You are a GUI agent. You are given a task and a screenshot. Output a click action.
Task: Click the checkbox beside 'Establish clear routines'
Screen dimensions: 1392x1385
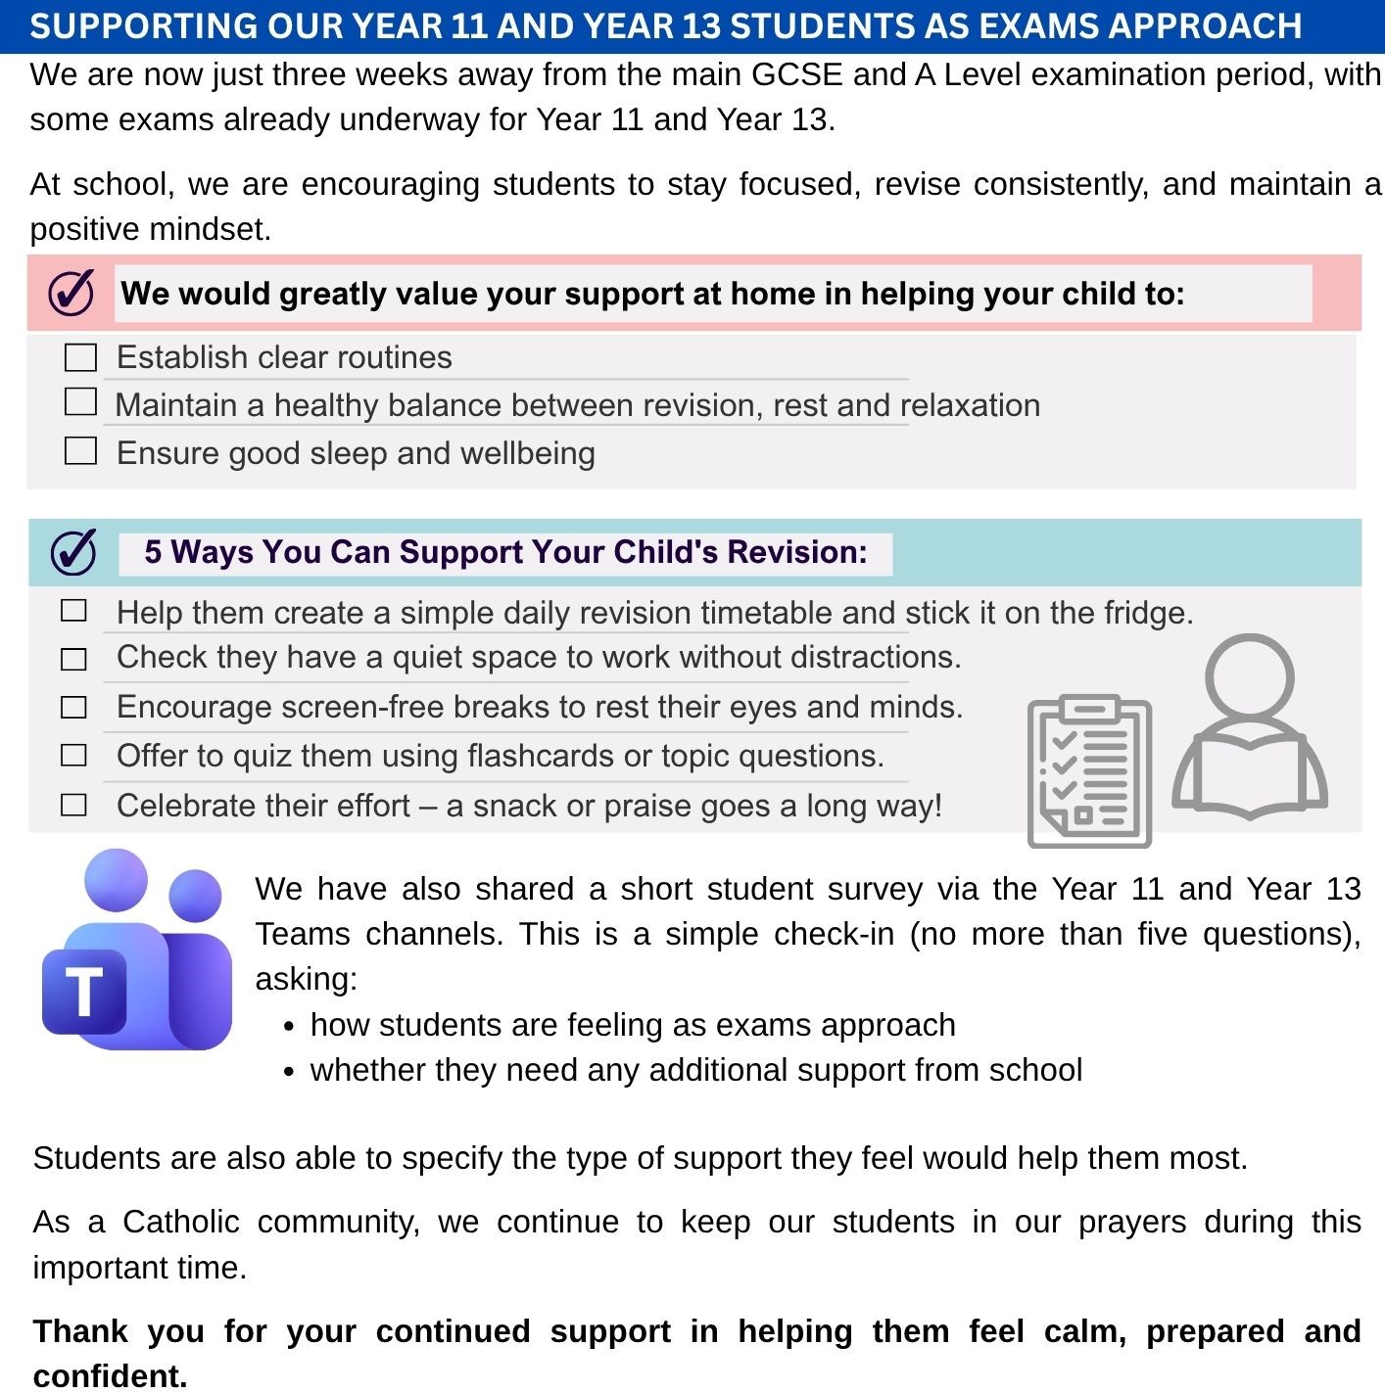(x=80, y=357)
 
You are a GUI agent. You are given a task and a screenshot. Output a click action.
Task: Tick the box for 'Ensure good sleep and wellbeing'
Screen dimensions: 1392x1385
(x=80, y=451)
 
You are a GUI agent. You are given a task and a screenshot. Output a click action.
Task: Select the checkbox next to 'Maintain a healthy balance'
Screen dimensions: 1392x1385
(x=80, y=402)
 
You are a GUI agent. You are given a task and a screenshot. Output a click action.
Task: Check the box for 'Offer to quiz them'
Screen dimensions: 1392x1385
(x=73, y=756)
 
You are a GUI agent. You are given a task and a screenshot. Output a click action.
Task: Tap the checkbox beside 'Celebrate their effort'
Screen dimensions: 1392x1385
(x=73, y=806)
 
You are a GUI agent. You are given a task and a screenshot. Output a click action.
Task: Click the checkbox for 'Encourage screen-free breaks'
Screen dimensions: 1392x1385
(x=73, y=708)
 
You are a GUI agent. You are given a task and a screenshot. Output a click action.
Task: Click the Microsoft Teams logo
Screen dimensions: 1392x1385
(x=138, y=949)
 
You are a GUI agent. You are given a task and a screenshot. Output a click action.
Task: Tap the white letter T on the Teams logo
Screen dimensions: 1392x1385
(x=84, y=991)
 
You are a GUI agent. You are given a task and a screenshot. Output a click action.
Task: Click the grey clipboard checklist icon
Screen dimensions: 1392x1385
(x=1089, y=771)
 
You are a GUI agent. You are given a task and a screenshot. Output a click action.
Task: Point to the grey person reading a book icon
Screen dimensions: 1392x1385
(x=1250, y=726)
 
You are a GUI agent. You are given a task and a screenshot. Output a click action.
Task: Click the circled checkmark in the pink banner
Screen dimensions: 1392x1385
(x=72, y=292)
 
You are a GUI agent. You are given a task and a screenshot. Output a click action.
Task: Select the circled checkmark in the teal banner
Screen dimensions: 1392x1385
(x=73, y=552)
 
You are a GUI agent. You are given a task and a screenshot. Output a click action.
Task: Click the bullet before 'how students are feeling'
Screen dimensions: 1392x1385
(x=288, y=1027)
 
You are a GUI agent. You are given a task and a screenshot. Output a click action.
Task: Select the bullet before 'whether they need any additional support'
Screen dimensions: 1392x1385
(x=288, y=1072)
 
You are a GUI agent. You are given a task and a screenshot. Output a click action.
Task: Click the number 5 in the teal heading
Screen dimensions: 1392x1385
(x=153, y=552)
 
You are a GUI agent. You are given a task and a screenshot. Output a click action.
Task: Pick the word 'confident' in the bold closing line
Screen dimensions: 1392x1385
(x=108, y=1375)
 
